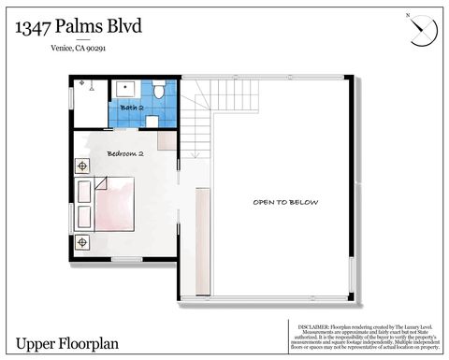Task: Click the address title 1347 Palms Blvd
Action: coord(79,27)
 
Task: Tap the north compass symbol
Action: coord(422,30)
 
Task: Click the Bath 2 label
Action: coord(132,108)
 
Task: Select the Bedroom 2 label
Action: coord(124,152)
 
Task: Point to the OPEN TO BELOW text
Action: coord(285,202)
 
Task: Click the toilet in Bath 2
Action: coord(159,92)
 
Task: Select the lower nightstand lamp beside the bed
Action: coord(83,242)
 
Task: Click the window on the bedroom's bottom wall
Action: coord(125,258)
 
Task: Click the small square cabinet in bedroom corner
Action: coord(165,141)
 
